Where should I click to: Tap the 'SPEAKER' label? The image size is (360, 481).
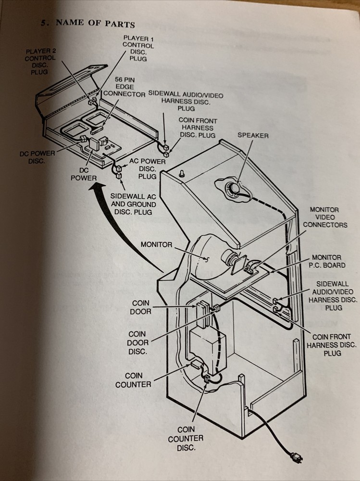click(253, 136)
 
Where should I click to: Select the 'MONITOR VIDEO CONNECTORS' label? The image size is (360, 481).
click(328, 217)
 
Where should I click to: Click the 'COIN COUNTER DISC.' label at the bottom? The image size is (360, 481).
click(185, 438)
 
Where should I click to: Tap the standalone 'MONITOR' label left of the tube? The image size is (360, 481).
click(156, 244)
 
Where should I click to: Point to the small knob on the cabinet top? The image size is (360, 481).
click(183, 174)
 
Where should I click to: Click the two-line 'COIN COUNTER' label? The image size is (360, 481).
click(133, 380)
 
